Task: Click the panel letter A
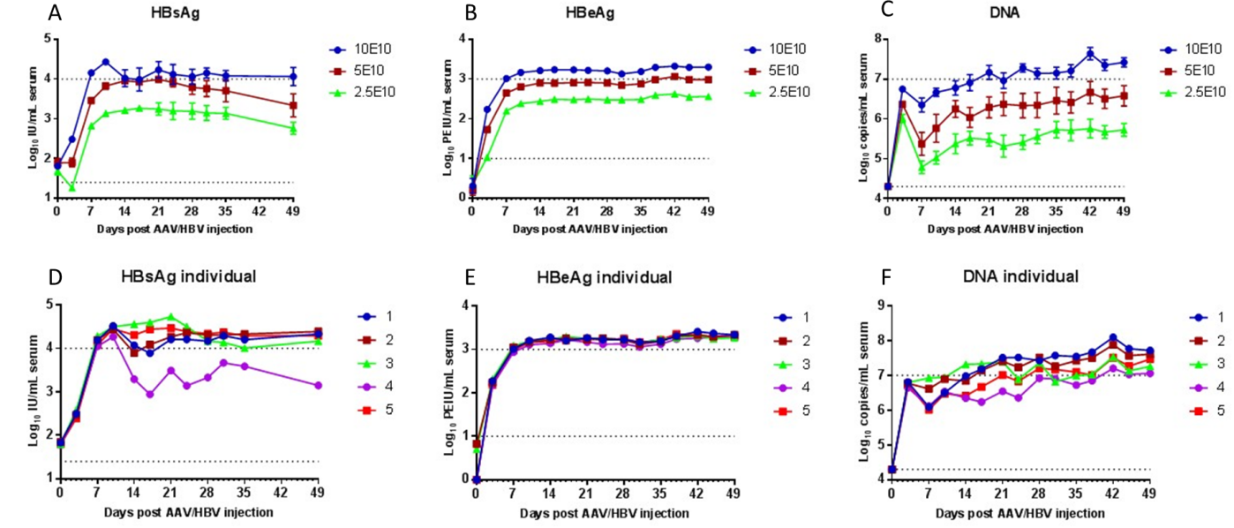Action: pyautogui.click(x=55, y=14)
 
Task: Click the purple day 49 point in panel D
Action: pyautogui.click(x=318, y=385)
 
